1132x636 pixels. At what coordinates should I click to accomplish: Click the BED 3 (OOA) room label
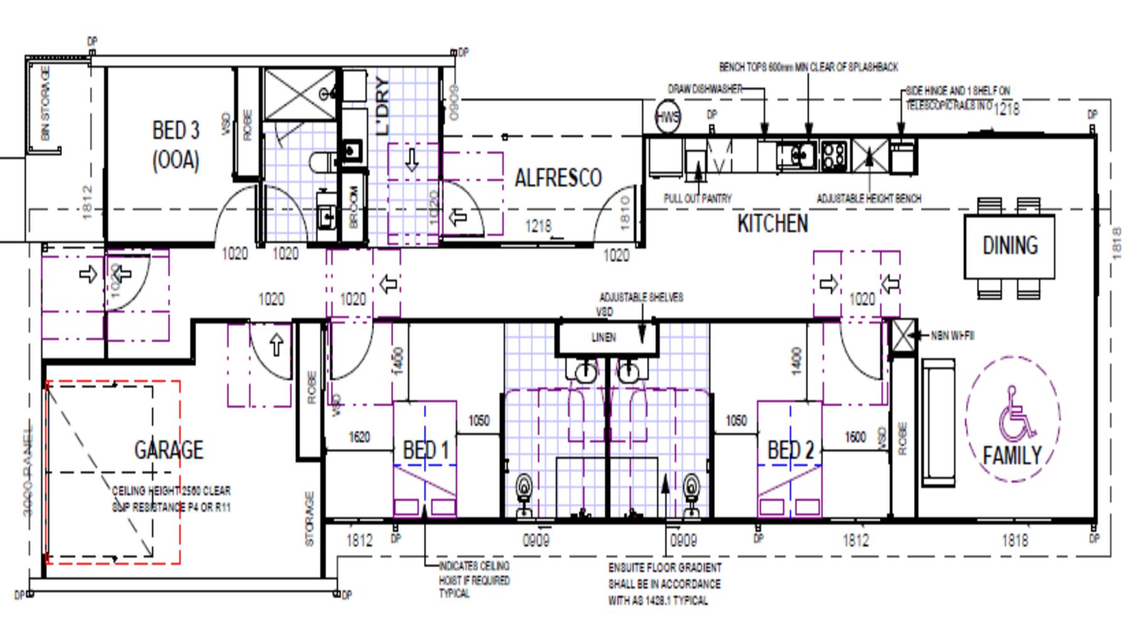click(x=175, y=145)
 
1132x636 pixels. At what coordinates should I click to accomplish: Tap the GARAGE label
click(x=169, y=450)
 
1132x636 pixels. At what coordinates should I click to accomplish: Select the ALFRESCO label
click(x=558, y=178)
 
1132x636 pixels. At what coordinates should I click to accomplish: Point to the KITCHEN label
click(x=772, y=224)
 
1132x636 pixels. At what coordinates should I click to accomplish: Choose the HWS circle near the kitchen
click(x=667, y=118)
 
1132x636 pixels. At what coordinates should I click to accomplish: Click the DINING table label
click(x=1010, y=245)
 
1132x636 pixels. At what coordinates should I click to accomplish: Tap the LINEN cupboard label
click(x=603, y=338)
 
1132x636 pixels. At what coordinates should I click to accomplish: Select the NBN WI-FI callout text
click(x=952, y=336)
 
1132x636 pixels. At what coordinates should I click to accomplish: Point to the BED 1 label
click(x=426, y=451)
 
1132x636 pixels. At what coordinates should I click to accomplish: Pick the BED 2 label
click(x=791, y=451)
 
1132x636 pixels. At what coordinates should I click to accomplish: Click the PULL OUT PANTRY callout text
click(x=697, y=199)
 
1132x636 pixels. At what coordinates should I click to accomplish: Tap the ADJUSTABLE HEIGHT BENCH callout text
click(x=868, y=199)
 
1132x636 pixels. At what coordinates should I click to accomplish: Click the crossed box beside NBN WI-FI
click(x=902, y=336)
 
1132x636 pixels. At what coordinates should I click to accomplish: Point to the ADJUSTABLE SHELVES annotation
click(x=640, y=297)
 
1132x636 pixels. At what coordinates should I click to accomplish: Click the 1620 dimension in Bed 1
click(x=359, y=437)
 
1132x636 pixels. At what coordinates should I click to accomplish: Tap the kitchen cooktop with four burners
click(x=834, y=154)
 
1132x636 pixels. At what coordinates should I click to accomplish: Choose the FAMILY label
click(x=1012, y=455)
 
